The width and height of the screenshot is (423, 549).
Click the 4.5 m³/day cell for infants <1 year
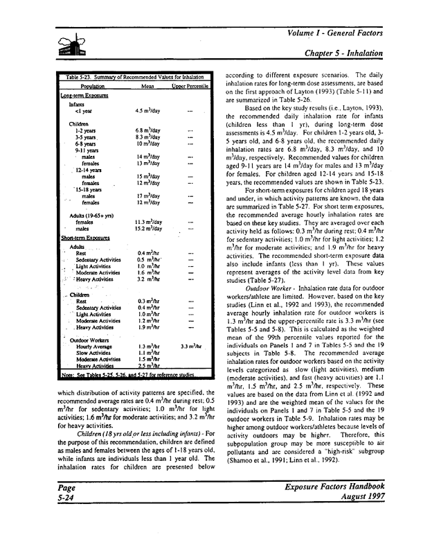150,112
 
